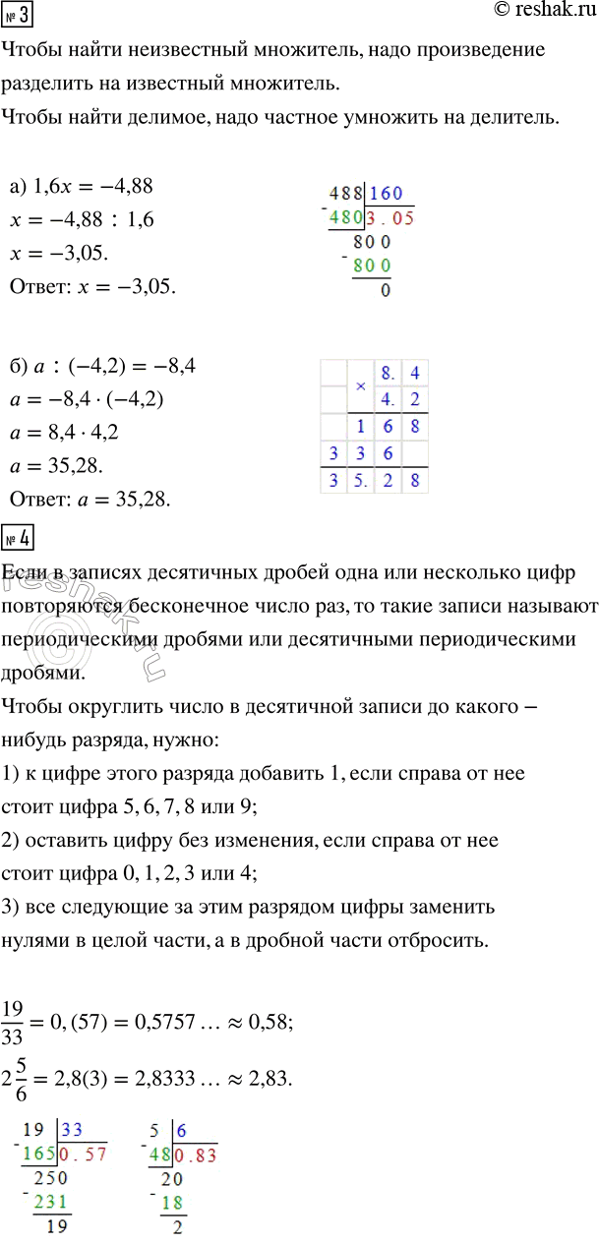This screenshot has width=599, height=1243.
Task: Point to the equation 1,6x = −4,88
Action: tap(91, 186)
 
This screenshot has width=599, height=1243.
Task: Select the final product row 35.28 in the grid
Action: tap(375, 481)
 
